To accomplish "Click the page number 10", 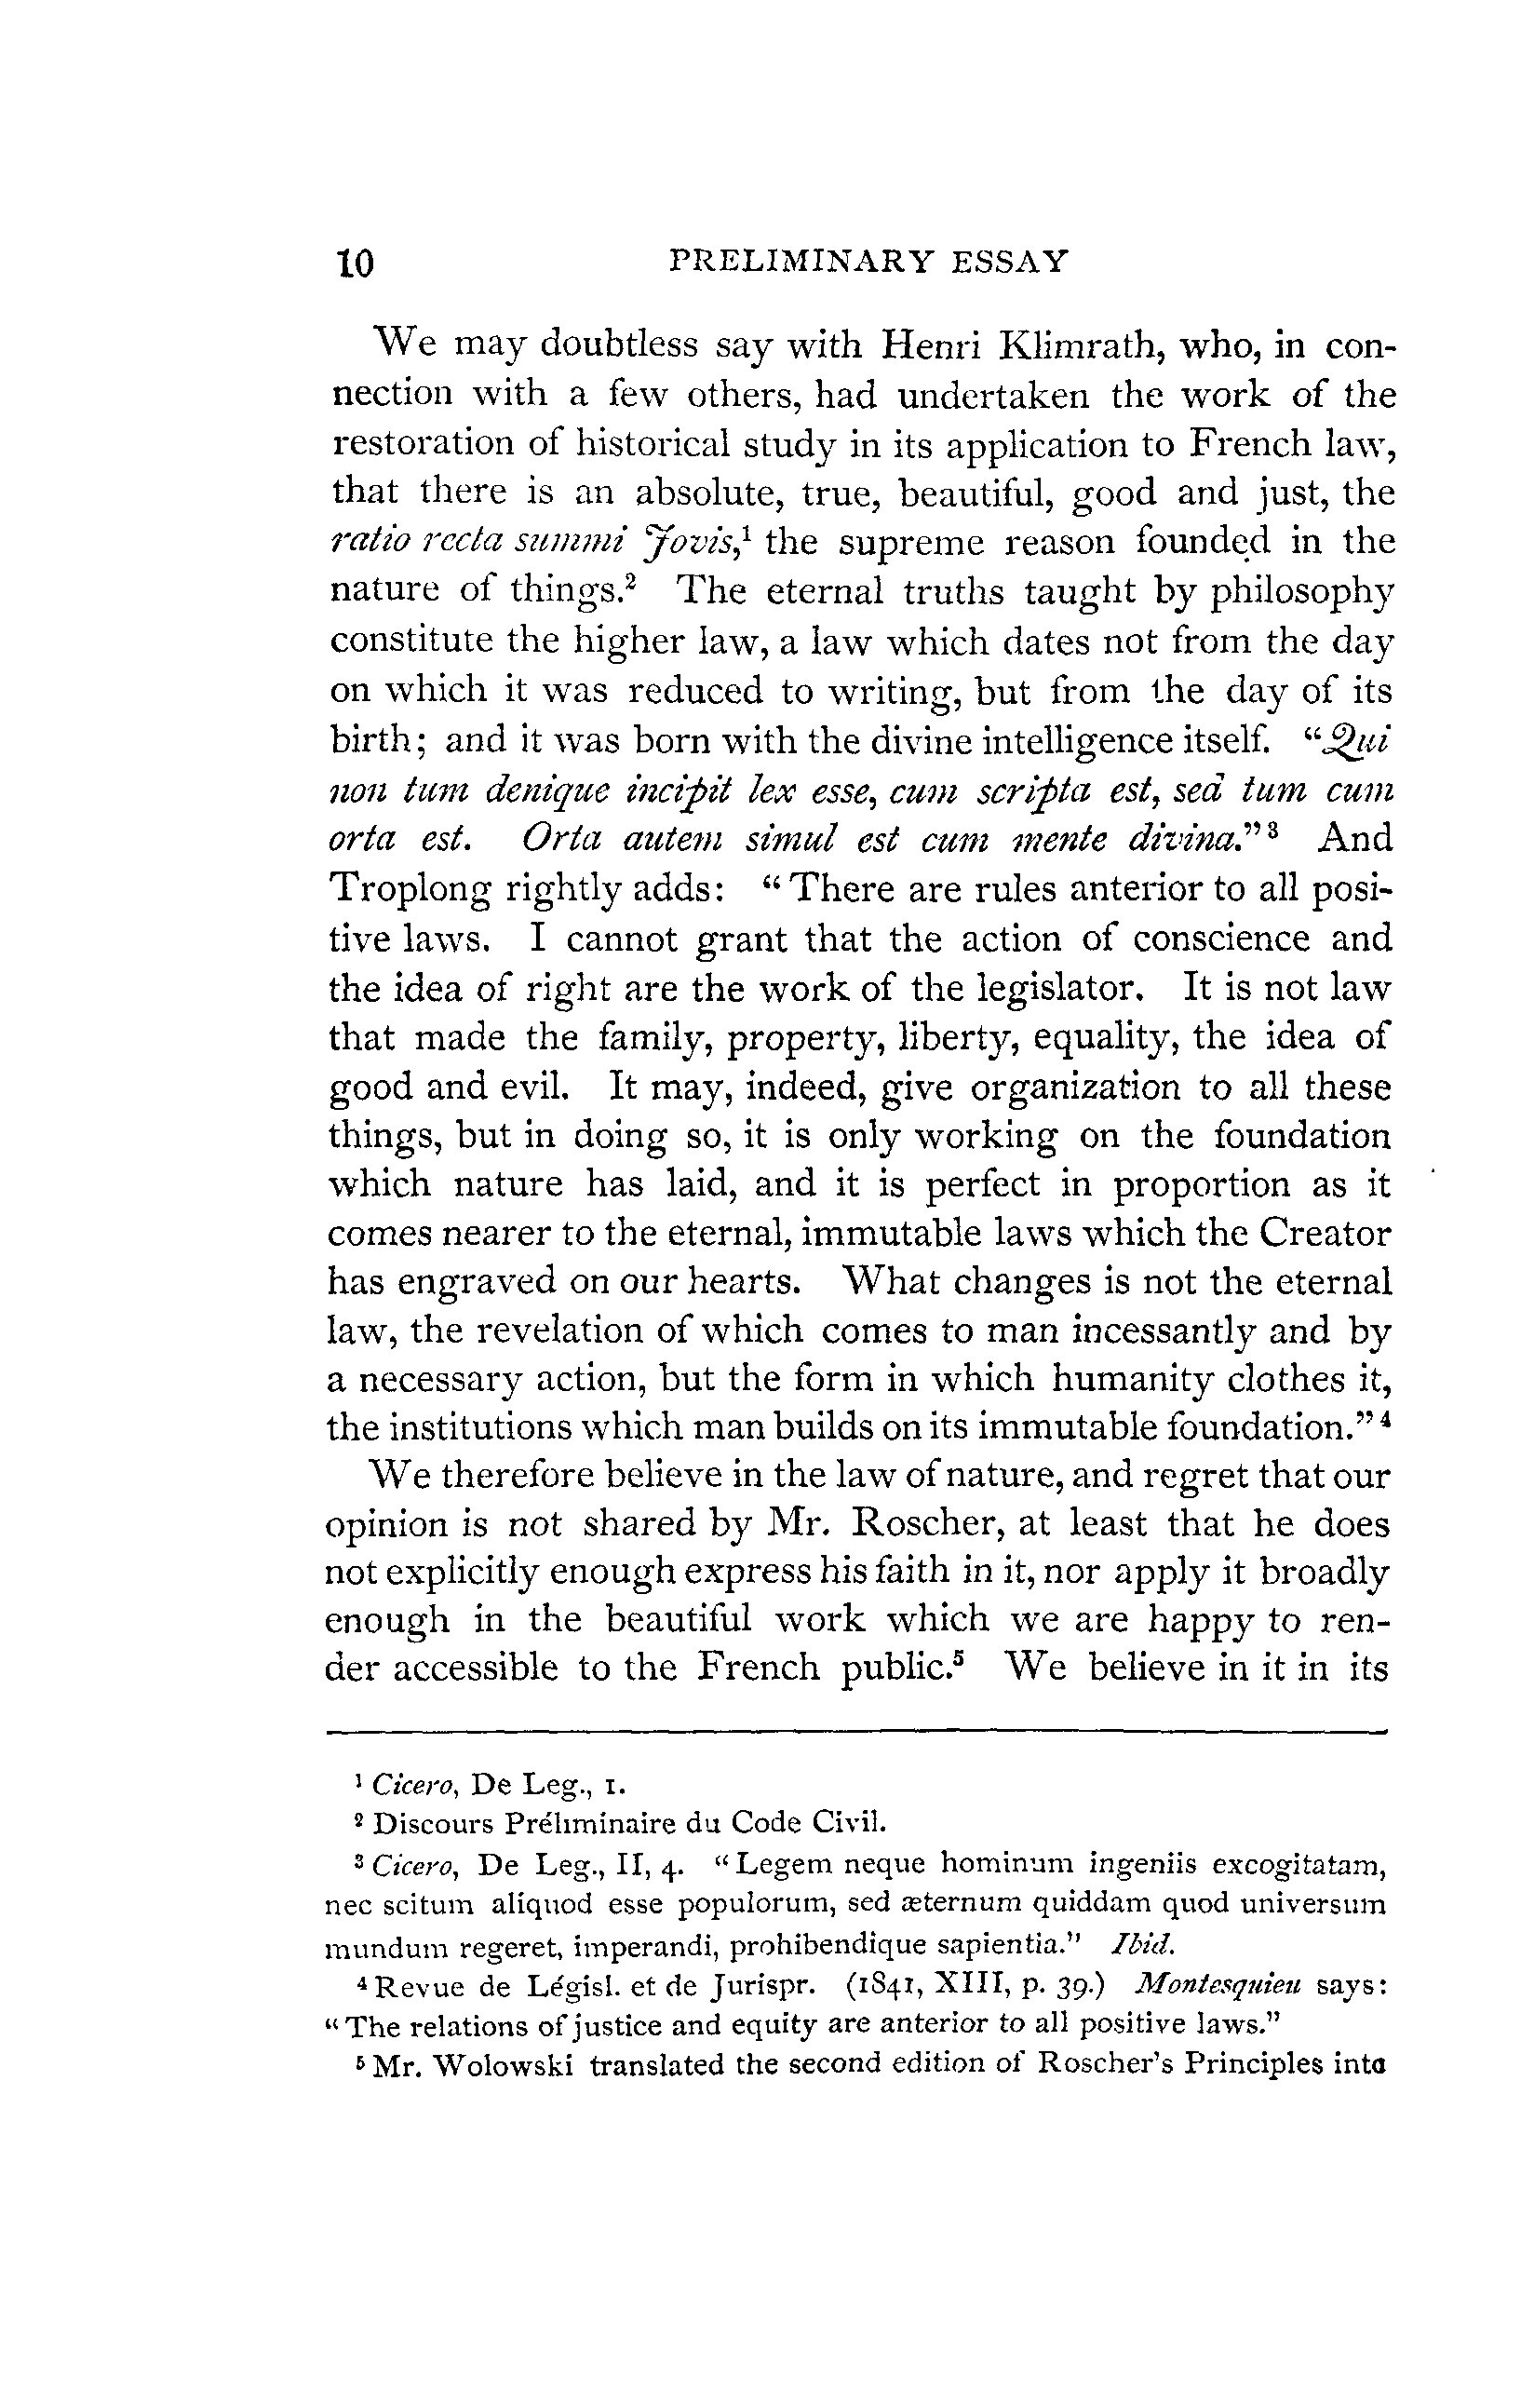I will coord(355,263).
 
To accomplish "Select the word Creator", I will coord(1325,1234).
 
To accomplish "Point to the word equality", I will coord(1099,1039).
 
